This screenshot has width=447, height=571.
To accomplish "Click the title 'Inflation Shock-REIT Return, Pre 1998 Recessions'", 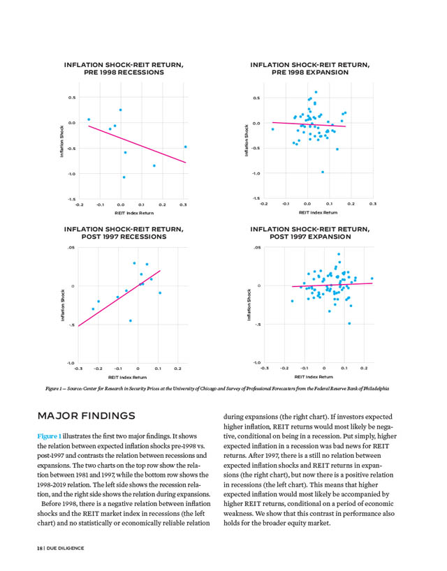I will [124, 68].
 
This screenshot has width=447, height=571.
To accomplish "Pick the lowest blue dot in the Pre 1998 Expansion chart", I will [322, 172].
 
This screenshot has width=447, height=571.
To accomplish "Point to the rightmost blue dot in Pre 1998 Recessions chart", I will [185, 147].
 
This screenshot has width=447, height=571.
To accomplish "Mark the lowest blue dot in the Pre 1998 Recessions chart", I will [124, 177].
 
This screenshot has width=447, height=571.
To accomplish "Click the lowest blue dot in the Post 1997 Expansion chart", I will [349, 323].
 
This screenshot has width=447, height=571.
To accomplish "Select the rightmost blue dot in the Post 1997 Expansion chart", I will [372, 279].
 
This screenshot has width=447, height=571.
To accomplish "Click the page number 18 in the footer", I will [41, 548].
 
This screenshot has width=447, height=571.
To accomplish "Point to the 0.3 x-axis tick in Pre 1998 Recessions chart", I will [183, 205].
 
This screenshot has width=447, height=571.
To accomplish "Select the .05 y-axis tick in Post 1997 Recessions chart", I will [71, 247].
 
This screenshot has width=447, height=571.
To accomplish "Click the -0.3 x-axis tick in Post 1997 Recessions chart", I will [78, 368].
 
